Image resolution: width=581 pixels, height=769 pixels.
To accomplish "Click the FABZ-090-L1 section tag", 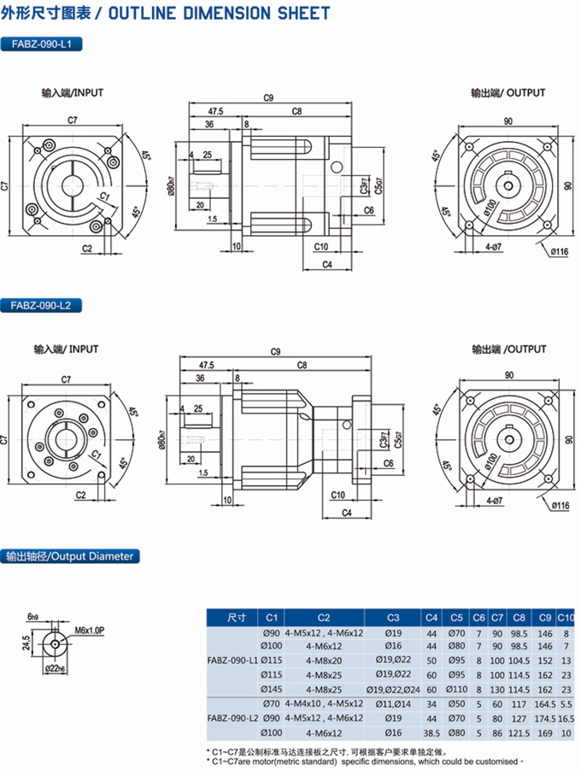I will [x=42, y=43].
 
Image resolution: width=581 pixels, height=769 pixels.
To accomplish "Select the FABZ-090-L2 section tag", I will [x=42, y=304].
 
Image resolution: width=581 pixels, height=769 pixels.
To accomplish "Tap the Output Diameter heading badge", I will [x=68, y=556].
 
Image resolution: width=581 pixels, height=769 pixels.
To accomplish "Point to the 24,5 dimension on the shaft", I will [x=26, y=640].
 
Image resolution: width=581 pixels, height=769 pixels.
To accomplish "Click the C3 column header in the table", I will [x=393, y=617].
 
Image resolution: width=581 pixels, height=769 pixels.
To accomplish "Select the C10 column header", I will [x=565, y=617].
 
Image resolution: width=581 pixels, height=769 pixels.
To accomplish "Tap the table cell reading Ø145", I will [x=272, y=689].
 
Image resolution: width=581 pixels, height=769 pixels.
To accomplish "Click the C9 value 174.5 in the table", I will [x=544, y=717].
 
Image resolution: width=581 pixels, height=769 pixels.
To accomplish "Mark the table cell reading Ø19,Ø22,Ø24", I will [x=393, y=689].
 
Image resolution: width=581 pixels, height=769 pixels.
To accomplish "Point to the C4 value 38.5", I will [x=431, y=731].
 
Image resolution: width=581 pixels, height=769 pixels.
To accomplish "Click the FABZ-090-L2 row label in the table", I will [x=233, y=718].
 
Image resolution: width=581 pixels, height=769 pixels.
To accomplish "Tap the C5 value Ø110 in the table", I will [x=457, y=689].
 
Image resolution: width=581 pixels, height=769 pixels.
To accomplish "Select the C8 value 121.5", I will [x=519, y=731].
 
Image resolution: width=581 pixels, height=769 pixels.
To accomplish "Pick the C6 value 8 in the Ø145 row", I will [x=479, y=689].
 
